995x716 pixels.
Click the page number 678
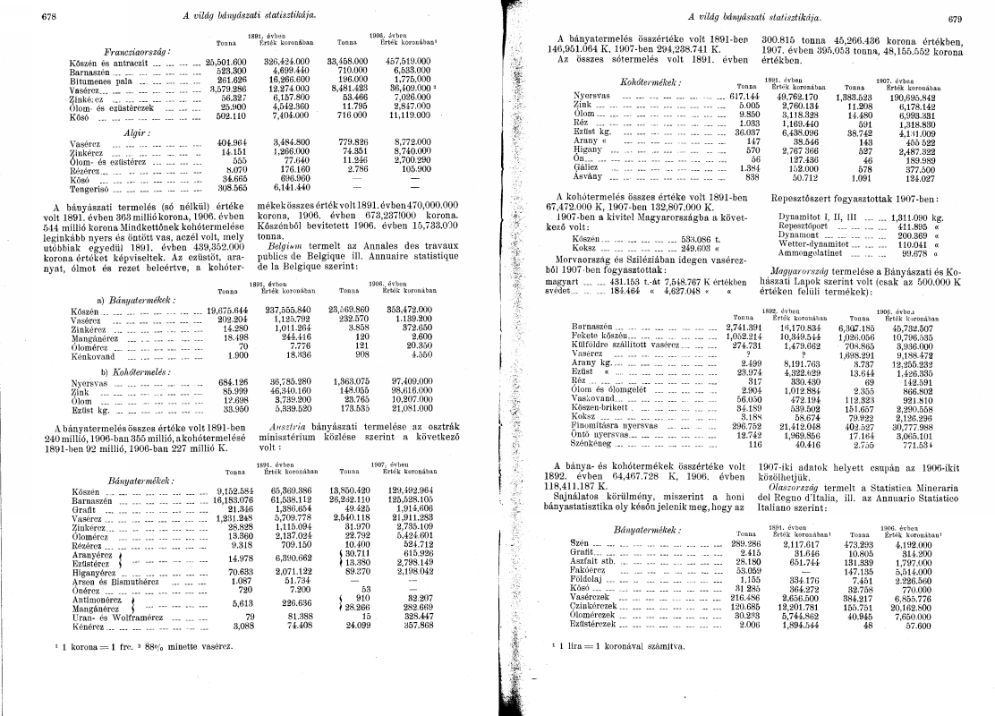coord(48,16)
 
